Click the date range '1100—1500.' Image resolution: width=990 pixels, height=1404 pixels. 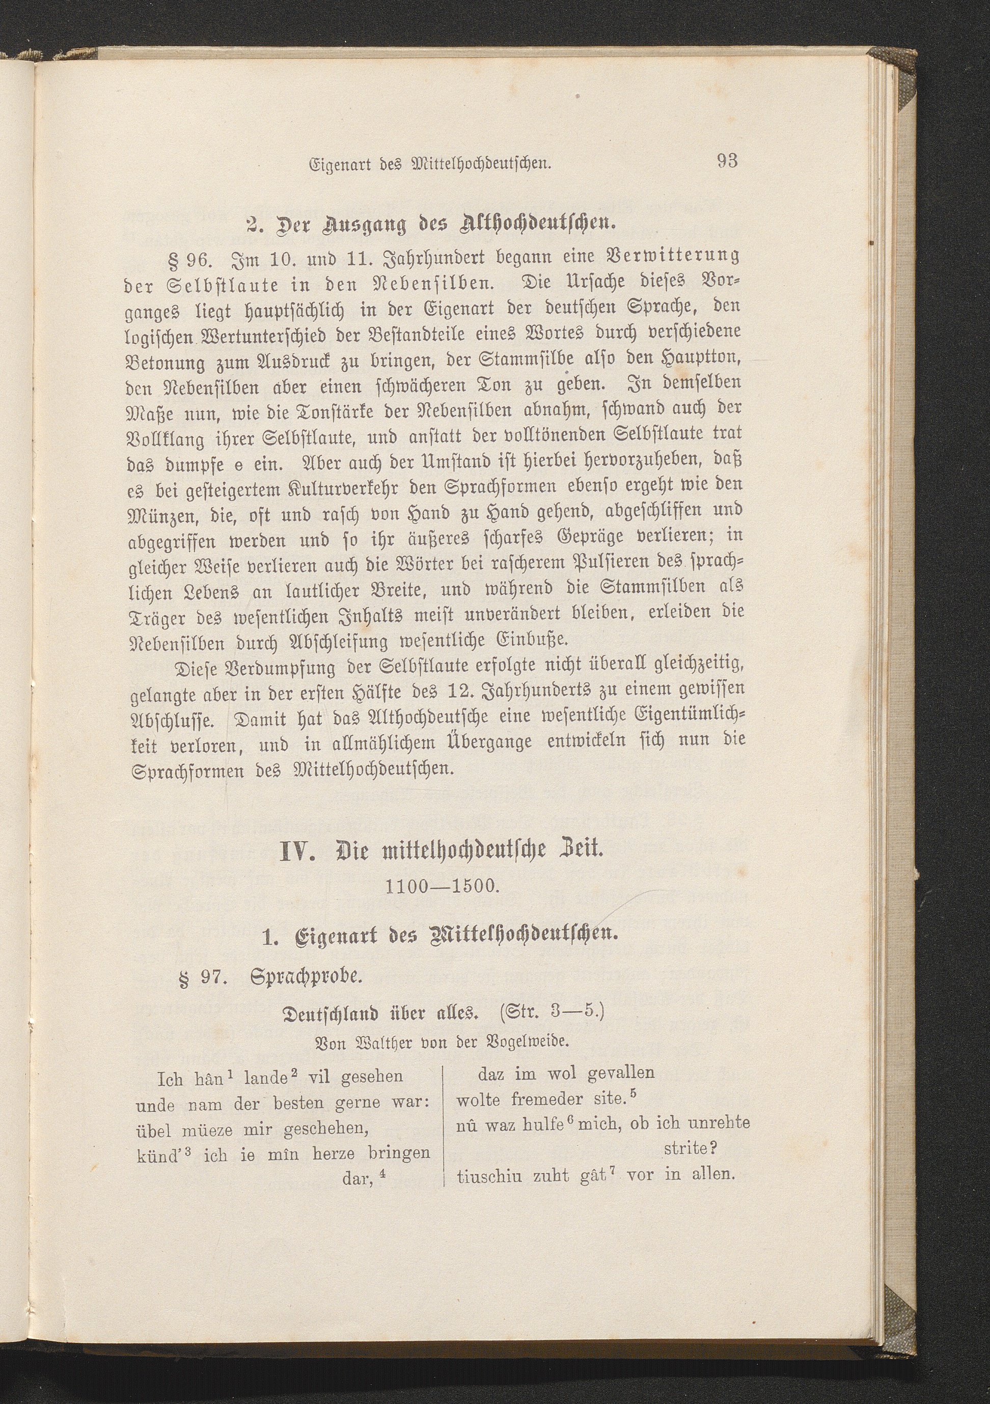point(444,886)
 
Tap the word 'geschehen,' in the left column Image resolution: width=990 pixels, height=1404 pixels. point(323,1131)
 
